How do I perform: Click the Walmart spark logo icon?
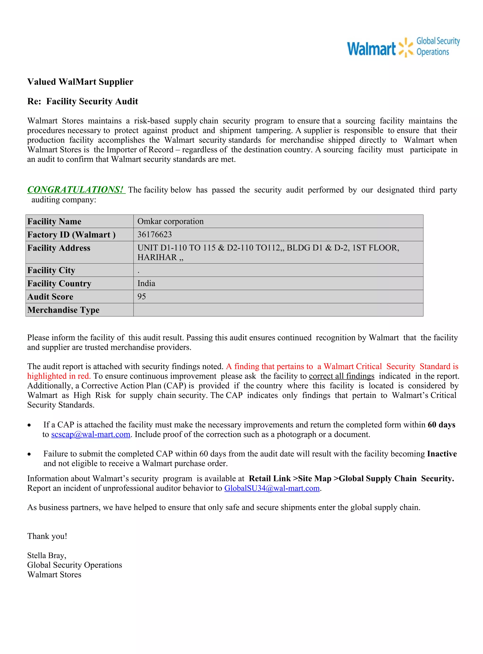point(406,47)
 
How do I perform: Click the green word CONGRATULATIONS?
point(75,190)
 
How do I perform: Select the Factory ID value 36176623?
point(155,234)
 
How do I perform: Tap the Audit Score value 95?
point(142,296)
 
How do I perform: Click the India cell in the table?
point(146,283)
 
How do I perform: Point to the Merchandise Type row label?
point(63,310)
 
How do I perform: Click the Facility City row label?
point(51,270)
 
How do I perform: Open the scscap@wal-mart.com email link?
point(91,434)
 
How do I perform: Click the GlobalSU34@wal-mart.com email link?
point(272,488)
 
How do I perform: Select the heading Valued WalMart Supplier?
point(80,82)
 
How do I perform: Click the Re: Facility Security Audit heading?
point(83,101)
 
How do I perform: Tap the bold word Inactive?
point(442,454)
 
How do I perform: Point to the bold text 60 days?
point(441,425)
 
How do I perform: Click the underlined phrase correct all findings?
point(341,376)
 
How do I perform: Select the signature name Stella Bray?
point(46,555)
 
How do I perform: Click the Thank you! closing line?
point(47,536)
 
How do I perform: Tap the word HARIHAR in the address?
point(157,257)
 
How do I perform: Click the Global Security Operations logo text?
point(438,46)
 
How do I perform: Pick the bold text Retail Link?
point(270,478)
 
